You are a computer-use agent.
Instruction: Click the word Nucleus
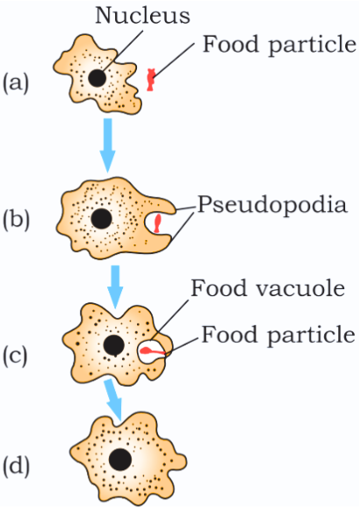tap(142, 15)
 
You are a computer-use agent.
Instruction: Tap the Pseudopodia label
tap(272, 206)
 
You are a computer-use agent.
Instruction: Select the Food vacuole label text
tap(268, 288)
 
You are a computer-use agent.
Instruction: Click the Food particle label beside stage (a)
tap(279, 45)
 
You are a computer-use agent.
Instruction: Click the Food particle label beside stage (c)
tap(278, 335)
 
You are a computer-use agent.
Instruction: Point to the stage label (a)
tap(16, 83)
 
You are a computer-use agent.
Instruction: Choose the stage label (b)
tap(16, 220)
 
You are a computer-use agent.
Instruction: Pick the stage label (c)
tap(15, 356)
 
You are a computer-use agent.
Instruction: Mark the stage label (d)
tap(16, 467)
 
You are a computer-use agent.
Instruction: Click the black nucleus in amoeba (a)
tap(97, 78)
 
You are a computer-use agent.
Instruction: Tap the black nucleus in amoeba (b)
tap(101, 219)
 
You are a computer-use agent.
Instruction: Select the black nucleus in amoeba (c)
tap(113, 345)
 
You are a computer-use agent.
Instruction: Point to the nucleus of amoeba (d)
tap(120, 460)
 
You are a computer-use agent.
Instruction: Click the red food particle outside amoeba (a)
tap(150, 79)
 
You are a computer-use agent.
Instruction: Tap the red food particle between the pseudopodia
tap(157, 223)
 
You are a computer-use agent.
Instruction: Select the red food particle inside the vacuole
tap(152, 352)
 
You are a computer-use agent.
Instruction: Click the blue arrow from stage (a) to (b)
tap(108, 145)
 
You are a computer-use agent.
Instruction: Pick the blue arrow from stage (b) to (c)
tap(115, 287)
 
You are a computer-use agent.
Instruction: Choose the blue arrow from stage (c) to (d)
tap(114, 400)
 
